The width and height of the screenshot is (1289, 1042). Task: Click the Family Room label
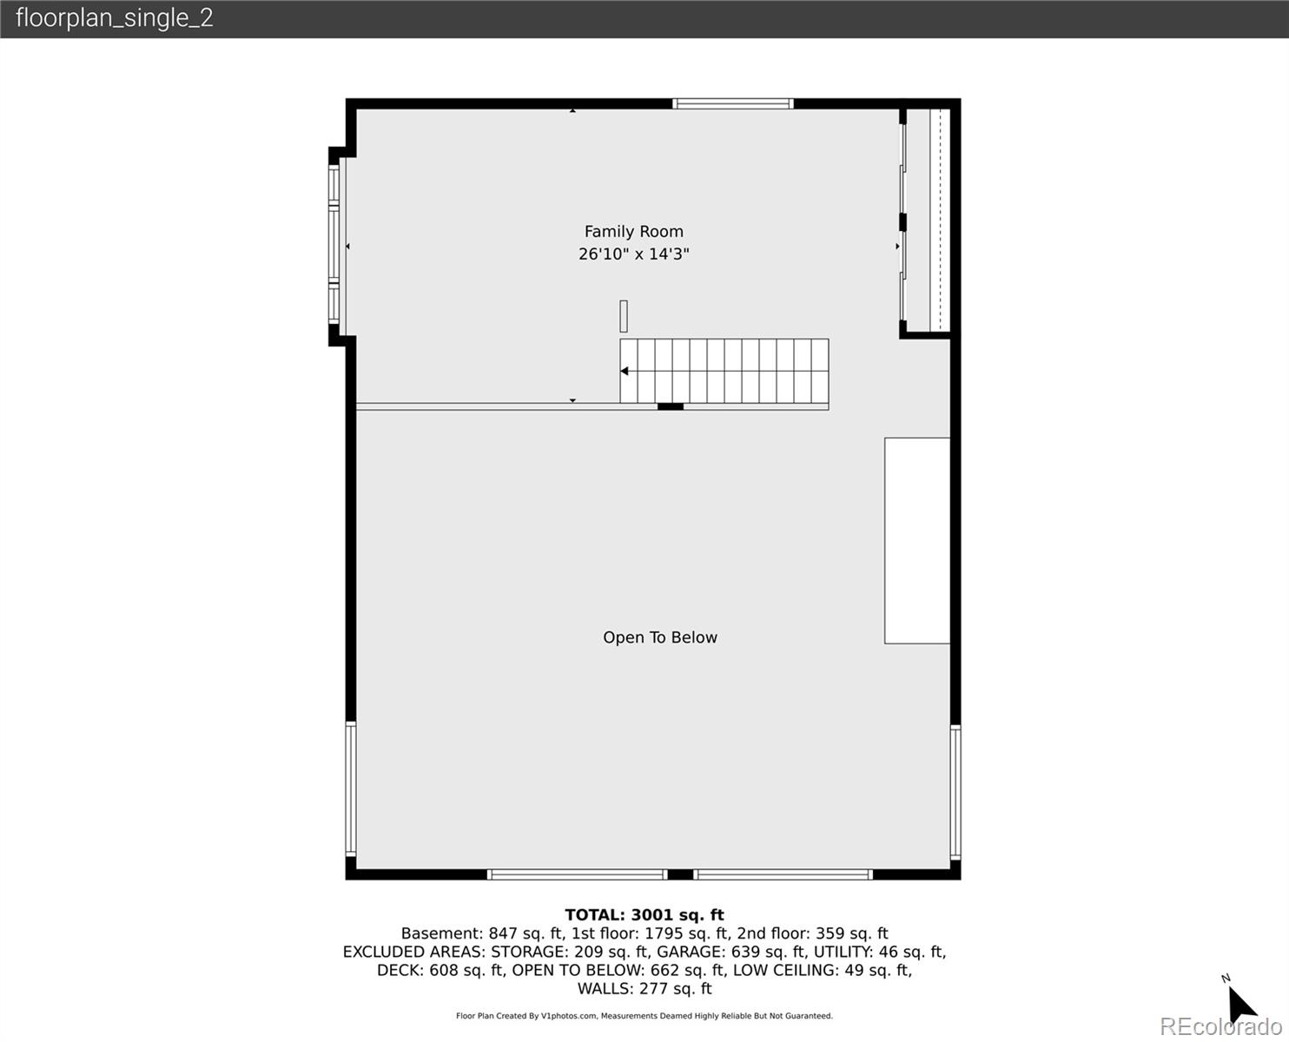tap(633, 232)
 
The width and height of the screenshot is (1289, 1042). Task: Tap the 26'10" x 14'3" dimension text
tap(633, 254)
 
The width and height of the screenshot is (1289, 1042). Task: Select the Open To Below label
tap(660, 637)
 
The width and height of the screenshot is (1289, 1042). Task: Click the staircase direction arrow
tap(625, 372)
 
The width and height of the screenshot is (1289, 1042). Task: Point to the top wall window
tap(733, 104)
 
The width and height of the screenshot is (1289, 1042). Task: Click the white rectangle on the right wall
tap(917, 540)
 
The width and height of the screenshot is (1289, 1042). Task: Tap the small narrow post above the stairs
tap(624, 316)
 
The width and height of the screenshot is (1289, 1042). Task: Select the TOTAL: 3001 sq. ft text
tap(644, 914)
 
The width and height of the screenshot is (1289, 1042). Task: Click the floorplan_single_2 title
tap(114, 18)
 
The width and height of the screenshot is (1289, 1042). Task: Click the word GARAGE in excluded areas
tap(691, 952)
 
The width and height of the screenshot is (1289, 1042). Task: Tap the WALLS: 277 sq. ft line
tap(644, 988)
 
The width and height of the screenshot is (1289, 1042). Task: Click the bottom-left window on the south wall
tap(577, 874)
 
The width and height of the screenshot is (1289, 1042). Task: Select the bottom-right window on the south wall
tap(783, 874)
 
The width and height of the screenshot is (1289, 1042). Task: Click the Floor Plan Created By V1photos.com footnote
tap(644, 1016)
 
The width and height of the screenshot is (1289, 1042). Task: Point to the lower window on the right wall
tap(955, 792)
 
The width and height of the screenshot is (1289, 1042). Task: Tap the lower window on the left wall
tap(351, 788)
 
